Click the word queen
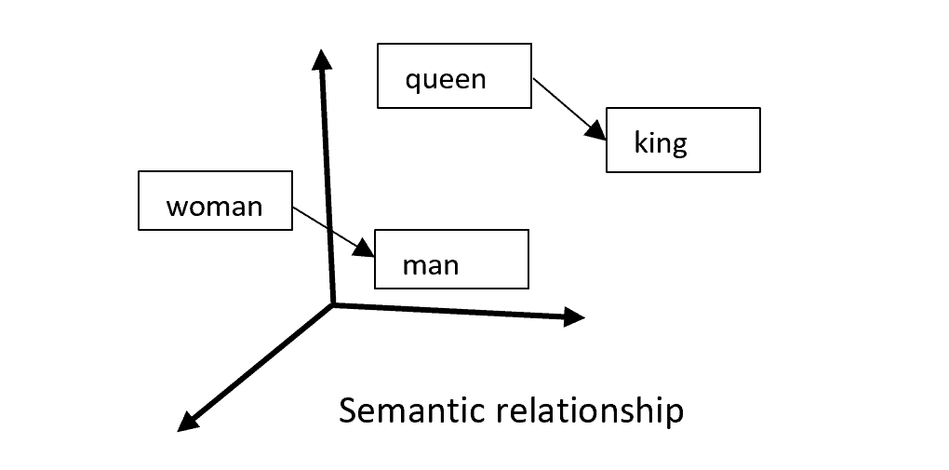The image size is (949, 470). pyautogui.click(x=446, y=79)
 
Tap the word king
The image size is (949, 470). pyautogui.click(x=660, y=143)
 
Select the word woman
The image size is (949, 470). pyautogui.click(x=214, y=206)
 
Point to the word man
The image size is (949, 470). pyautogui.click(x=430, y=265)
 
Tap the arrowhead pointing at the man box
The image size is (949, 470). pyautogui.click(x=365, y=248)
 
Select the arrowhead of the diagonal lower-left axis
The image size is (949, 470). pyautogui.click(x=188, y=421)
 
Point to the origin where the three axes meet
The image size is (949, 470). pyautogui.click(x=333, y=303)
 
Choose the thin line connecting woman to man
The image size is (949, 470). pyautogui.click(x=324, y=226)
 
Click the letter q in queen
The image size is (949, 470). pyautogui.click(x=412, y=81)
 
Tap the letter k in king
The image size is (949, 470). pyautogui.click(x=639, y=141)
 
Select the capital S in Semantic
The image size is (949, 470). pyautogui.click(x=347, y=410)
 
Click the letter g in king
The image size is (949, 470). pyautogui.click(x=679, y=146)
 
